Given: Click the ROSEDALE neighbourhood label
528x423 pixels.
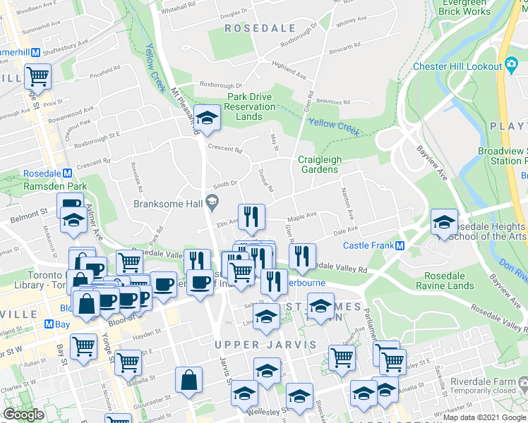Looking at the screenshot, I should (x=250, y=28).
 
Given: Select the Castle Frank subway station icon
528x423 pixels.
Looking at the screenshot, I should (x=400, y=245).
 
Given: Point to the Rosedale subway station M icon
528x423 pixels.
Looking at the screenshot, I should (x=67, y=173).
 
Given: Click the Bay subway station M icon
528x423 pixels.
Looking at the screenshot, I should (x=48, y=324).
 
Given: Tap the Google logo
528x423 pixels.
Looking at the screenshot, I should (x=24, y=415).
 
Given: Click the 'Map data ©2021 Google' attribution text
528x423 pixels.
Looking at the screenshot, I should (x=484, y=417).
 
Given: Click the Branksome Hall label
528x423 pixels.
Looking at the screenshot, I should (x=167, y=204).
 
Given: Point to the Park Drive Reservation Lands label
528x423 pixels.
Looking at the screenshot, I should (x=250, y=106).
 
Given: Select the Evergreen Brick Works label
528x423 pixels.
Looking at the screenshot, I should (x=464, y=7).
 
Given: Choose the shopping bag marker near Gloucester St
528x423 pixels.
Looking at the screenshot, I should (x=190, y=381).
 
